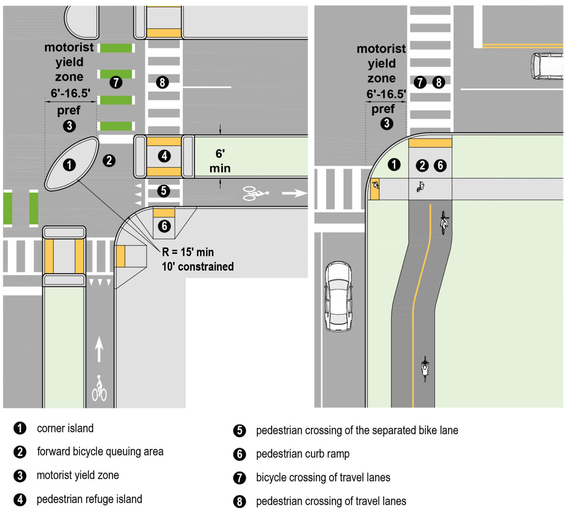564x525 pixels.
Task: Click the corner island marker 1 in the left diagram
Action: click(69, 165)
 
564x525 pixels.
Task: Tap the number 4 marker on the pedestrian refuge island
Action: click(164, 156)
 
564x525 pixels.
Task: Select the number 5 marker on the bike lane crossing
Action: click(164, 191)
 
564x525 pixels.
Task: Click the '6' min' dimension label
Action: click(220, 161)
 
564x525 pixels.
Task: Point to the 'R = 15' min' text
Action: click(188, 252)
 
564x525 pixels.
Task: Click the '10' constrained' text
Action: click(198, 267)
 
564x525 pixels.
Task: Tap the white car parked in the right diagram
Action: click(338, 296)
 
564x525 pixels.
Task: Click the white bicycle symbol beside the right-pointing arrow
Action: click(255, 193)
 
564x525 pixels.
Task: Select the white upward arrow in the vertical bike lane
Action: click(99, 349)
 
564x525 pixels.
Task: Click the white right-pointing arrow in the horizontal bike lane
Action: click(294, 193)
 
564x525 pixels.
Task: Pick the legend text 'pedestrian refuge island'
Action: click(89, 499)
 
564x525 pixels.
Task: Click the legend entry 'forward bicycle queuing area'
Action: click(100, 452)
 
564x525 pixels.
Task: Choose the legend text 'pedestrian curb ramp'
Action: click(303, 454)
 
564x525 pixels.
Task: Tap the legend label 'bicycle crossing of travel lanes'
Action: click(323, 478)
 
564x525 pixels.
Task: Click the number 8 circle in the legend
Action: click(239, 502)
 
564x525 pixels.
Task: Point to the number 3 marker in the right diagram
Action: click(386, 123)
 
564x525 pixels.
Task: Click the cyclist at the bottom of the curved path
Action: click(425, 369)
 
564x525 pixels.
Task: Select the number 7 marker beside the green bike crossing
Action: click(116, 82)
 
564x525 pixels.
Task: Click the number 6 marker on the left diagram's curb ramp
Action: click(164, 226)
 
